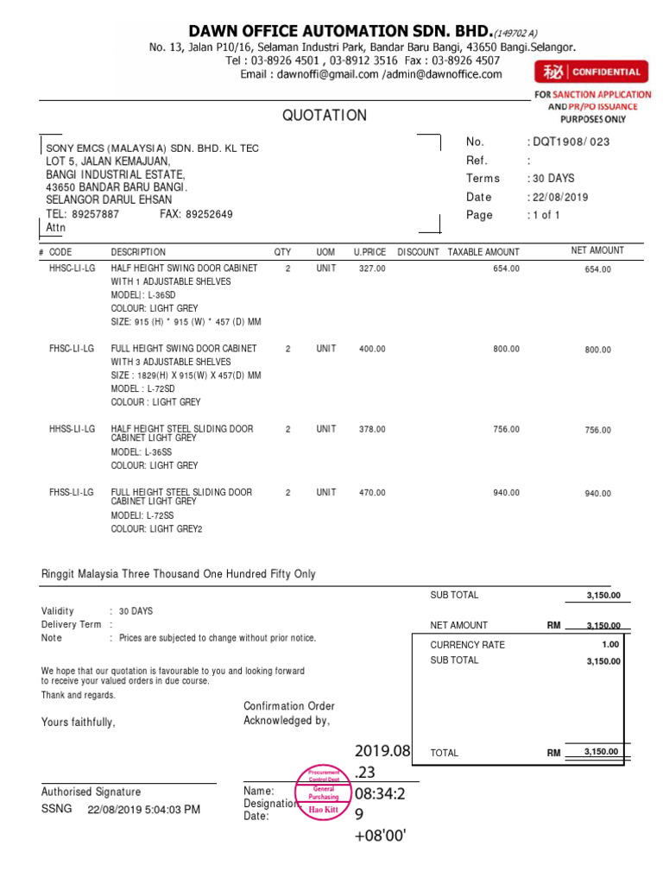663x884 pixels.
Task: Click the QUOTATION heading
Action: [324, 116]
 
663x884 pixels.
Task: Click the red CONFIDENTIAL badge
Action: [591, 73]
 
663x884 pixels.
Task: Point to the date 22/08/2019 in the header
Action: [560, 197]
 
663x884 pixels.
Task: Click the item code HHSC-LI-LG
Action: [73, 268]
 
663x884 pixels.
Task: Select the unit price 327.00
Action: [372, 268]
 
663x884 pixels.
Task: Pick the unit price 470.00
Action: [372, 493]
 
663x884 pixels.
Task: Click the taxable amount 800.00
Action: [506, 349]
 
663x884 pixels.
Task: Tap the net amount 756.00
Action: [597, 430]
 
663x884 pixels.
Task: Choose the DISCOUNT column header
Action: [418, 252]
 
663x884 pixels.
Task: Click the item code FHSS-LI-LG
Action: [73, 492]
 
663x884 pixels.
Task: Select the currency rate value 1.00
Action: [610, 644]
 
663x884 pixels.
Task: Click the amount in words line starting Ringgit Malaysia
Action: [179, 574]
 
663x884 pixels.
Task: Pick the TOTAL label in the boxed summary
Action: [445, 753]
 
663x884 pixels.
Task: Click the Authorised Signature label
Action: [91, 792]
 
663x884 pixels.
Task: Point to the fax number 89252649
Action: [208, 214]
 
